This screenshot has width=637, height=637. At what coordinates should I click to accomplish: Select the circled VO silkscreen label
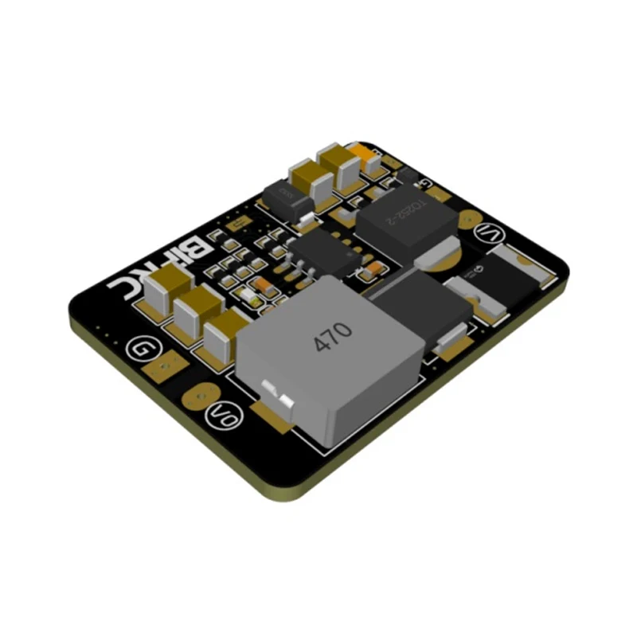tap(221, 415)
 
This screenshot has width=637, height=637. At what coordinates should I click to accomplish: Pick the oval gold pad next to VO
tap(200, 393)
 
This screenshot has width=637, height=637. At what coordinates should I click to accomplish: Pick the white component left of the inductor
tap(249, 296)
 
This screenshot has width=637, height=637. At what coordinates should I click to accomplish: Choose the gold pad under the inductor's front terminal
tap(271, 410)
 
